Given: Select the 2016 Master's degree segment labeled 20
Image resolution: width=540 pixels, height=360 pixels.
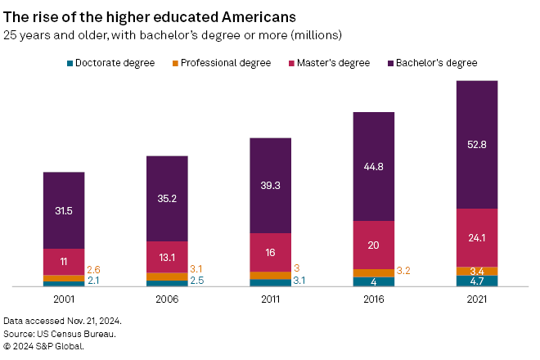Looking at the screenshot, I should click(x=373, y=245).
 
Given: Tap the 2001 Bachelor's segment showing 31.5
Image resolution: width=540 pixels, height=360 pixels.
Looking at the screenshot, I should click(x=64, y=210).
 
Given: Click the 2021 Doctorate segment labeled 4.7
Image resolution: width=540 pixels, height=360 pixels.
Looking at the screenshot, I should click(x=476, y=281).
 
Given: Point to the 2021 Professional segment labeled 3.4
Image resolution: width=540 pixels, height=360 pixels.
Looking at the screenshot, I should click(x=476, y=271).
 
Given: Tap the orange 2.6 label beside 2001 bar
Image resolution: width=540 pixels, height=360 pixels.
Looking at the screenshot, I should click(x=94, y=269).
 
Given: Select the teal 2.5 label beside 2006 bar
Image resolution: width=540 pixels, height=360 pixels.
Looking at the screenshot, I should click(x=197, y=281).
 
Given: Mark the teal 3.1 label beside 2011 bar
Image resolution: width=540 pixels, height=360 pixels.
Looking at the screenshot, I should click(x=300, y=281).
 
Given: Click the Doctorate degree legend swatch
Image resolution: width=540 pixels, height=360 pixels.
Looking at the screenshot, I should click(x=70, y=63).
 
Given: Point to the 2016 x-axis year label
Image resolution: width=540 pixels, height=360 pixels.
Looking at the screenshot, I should click(x=373, y=299).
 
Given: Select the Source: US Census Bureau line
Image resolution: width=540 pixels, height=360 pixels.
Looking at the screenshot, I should click(x=59, y=334).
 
